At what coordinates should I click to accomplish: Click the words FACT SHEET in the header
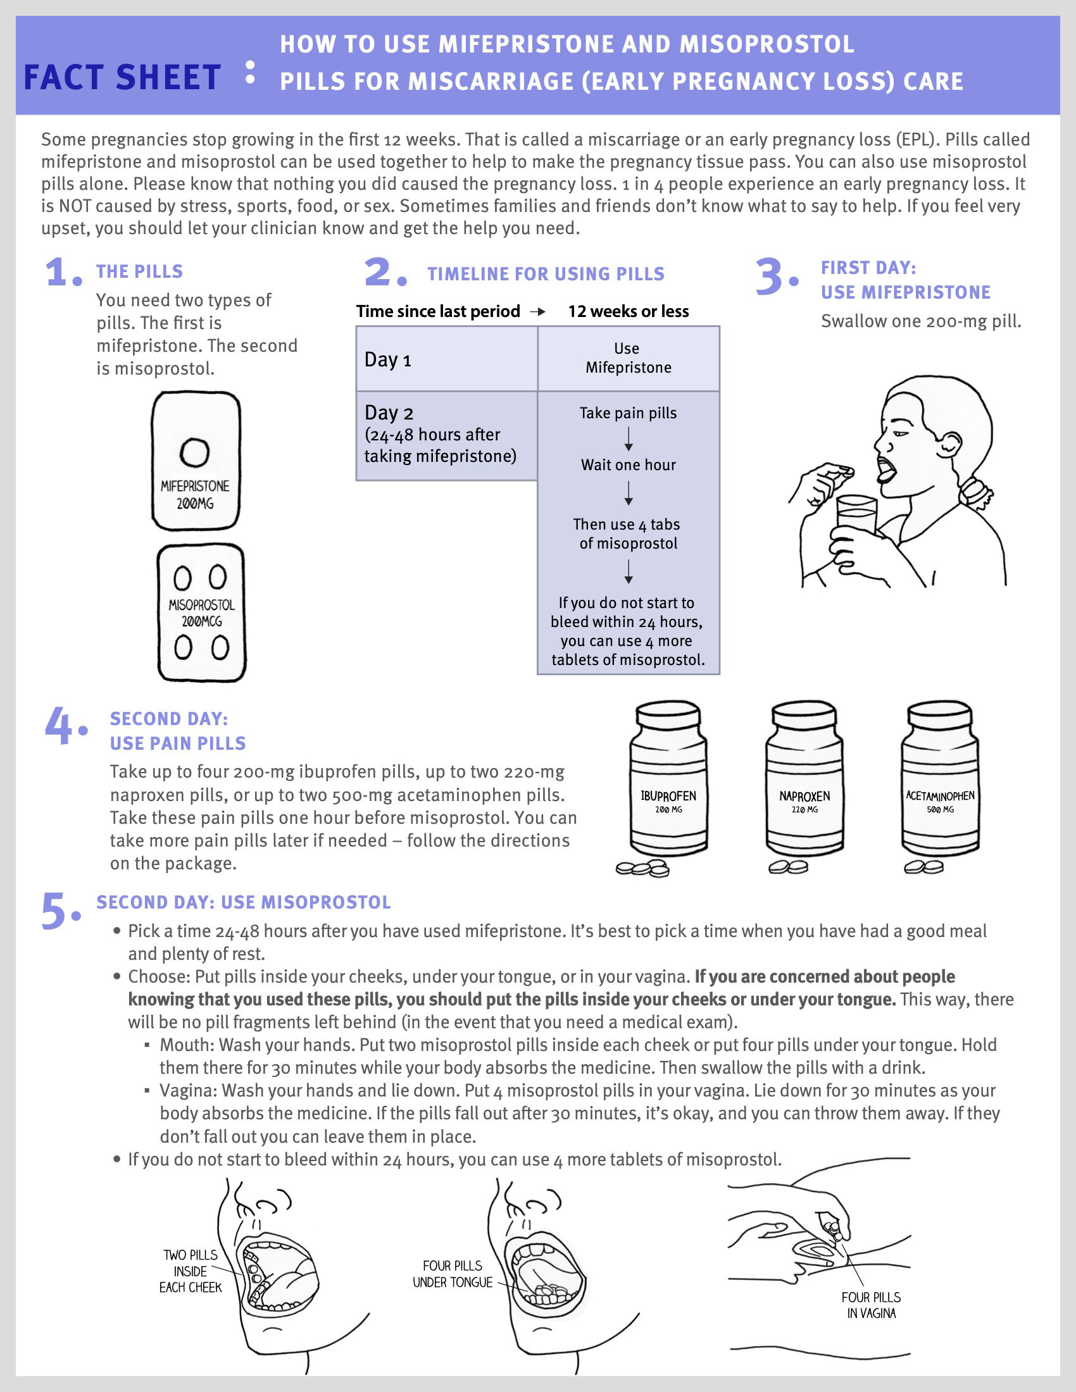coord(122,78)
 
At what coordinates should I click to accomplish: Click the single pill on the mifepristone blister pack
coord(194,452)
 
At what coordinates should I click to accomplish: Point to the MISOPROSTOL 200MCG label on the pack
coord(201,612)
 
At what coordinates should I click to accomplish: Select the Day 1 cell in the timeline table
coord(446,359)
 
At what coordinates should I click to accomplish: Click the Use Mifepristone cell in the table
coord(628,358)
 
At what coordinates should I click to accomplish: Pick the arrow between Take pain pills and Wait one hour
coord(629,439)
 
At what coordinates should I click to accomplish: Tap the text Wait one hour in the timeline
coord(628,464)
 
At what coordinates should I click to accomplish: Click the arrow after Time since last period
coord(538,312)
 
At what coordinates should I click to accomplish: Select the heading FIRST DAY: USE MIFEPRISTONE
coord(905,280)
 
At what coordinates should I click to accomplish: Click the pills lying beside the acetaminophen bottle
coord(923,867)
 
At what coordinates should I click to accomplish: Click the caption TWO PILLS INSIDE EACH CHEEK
coord(190,1271)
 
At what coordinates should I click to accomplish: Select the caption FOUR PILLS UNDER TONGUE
coord(453,1274)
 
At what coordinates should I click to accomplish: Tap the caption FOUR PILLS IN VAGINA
coord(871,1305)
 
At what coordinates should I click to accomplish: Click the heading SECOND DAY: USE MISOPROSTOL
coord(244,902)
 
